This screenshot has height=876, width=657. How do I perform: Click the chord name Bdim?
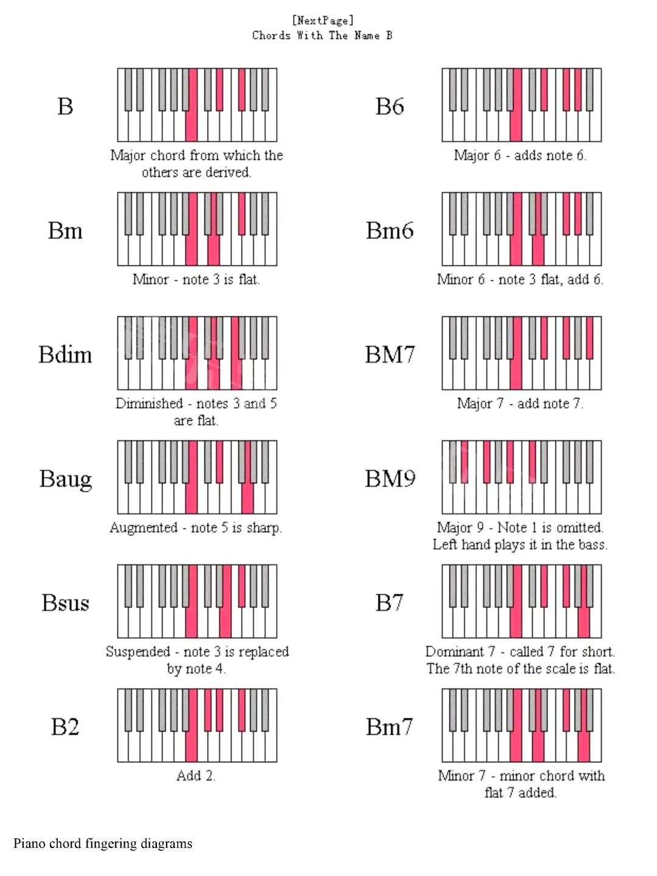tap(65, 354)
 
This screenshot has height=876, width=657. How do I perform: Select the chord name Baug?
tap(66, 479)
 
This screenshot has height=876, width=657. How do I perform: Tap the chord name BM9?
tap(390, 478)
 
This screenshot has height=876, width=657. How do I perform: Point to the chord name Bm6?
tap(389, 230)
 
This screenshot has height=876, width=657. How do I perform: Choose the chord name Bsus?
tap(65, 602)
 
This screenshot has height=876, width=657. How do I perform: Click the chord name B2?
tap(65, 726)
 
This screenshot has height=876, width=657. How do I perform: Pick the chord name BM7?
tap(390, 354)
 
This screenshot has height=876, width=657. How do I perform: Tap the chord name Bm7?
tap(389, 726)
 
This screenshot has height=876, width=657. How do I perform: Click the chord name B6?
tap(389, 106)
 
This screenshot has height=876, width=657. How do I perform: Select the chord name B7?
tap(389, 602)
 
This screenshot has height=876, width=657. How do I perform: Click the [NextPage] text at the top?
tap(322, 21)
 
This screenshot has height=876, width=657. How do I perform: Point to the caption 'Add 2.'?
tap(196, 776)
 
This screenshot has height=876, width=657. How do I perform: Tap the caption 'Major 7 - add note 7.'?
tap(520, 403)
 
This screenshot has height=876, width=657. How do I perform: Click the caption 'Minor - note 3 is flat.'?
tap(196, 279)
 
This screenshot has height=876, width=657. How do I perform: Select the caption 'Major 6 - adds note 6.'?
tap(520, 155)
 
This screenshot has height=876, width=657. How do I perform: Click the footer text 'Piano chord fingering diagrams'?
tap(103, 843)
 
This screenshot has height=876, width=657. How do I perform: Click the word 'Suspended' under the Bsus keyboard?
tap(137, 652)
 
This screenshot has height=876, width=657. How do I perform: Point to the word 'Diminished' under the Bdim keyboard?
tap(149, 403)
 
